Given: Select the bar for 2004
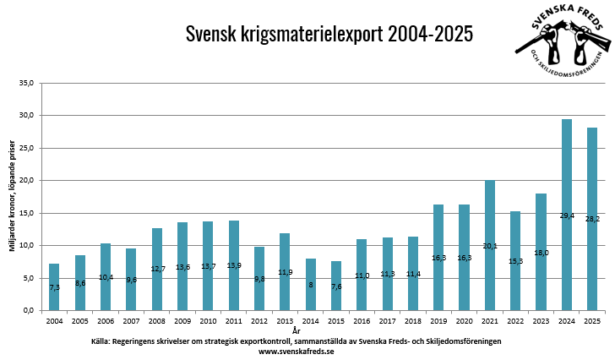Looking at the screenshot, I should [x=54, y=286].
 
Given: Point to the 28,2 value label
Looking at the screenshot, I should [x=592, y=219].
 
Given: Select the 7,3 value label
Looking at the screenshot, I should [x=54, y=288].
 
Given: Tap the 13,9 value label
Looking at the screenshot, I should [x=234, y=266].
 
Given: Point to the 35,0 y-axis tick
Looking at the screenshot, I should [x=25, y=83].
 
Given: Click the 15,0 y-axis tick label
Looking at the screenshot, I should [x=25, y=213].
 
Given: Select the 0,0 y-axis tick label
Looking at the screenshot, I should [x=27, y=311].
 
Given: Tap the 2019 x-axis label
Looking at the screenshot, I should [x=438, y=321].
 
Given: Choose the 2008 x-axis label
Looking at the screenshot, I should [x=156, y=321].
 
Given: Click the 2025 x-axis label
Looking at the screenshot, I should [x=592, y=321].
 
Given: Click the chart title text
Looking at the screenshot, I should [x=329, y=35].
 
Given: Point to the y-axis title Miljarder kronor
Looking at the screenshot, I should [x=9, y=196].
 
